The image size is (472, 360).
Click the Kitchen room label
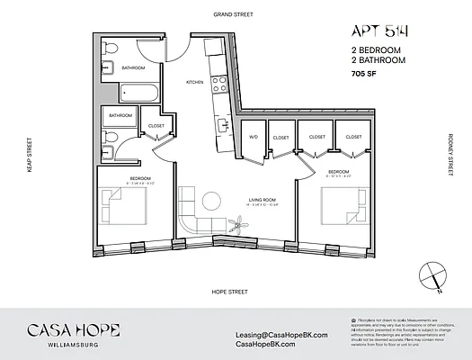point(195,82)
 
